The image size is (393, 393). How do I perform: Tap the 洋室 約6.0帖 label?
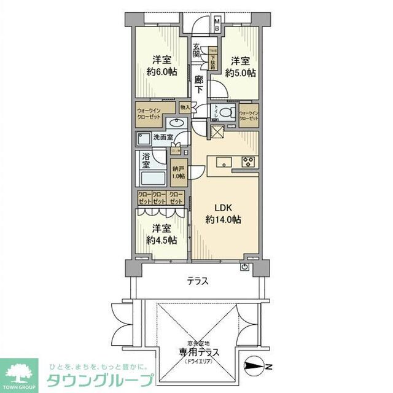(x=161, y=66)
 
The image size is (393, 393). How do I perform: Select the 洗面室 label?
(x=162, y=138)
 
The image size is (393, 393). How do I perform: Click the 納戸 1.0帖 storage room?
(x=178, y=172)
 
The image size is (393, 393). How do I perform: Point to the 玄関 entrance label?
(x=197, y=52)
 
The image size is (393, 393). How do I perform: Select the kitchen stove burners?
(x=249, y=162)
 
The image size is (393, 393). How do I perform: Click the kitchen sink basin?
(x=222, y=162)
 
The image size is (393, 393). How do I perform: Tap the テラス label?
(x=197, y=282)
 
